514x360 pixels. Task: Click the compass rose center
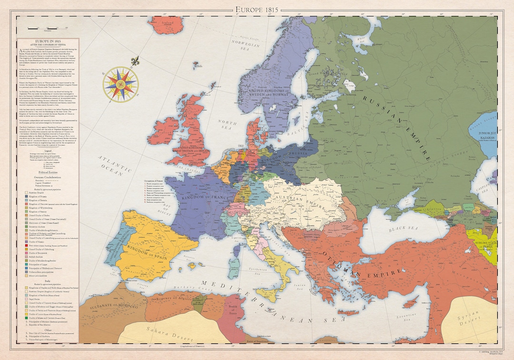click(x=120, y=84)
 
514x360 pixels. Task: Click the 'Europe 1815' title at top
click(x=257, y=10)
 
